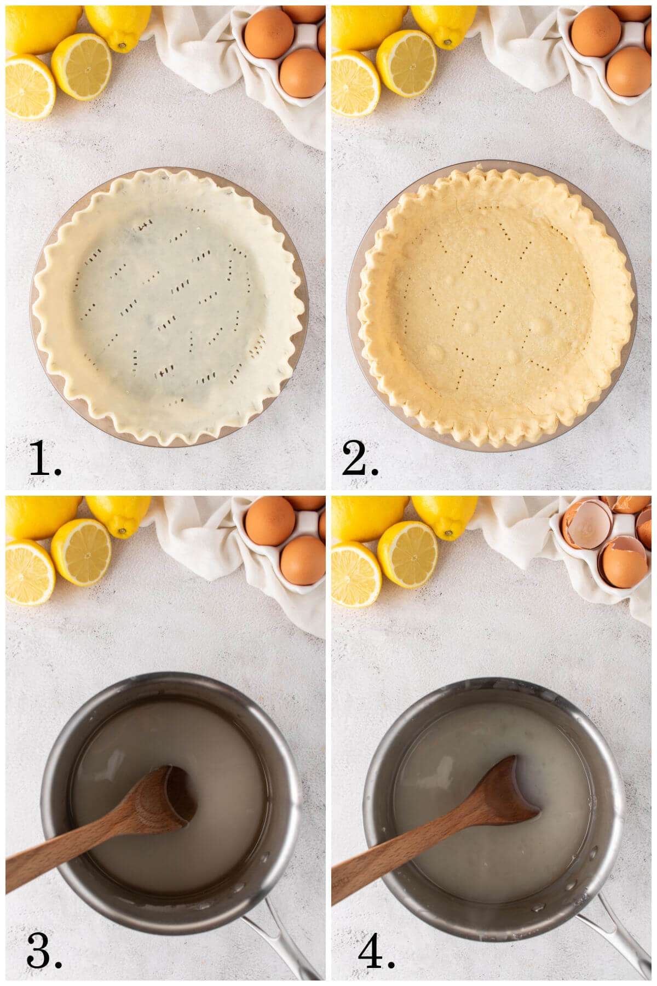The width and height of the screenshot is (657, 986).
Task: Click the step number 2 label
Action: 359,459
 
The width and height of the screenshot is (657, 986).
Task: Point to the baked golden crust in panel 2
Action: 496,307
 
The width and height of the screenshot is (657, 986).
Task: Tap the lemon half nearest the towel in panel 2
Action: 406,64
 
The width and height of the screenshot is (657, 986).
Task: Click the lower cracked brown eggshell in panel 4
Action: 624,564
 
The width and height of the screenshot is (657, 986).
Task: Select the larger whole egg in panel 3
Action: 269,520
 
